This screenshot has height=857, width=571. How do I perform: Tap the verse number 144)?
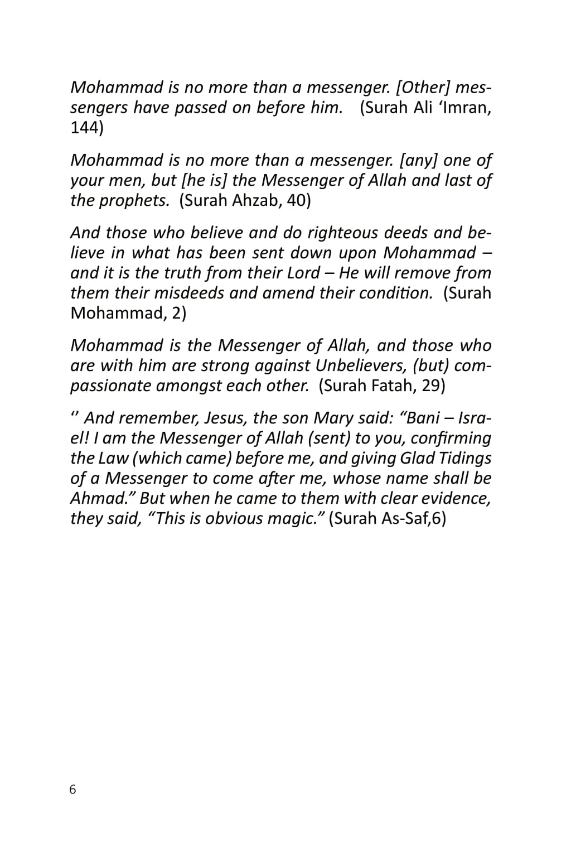(87, 128)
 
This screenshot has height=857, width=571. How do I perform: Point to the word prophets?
(134, 200)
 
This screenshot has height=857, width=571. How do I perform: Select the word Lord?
(304, 273)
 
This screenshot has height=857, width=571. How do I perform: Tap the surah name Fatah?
(393, 386)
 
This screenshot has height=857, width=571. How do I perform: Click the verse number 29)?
(433, 386)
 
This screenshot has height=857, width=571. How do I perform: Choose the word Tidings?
(465, 458)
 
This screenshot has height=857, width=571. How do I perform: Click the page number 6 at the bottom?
(73, 789)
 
